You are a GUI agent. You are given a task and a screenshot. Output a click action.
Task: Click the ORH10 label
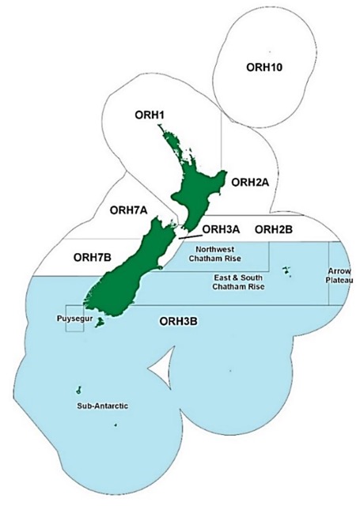[x=267, y=66]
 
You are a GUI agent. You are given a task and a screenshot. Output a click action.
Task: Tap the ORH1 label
[x=148, y=115]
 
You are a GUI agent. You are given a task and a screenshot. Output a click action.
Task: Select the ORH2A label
[x=250, y=182]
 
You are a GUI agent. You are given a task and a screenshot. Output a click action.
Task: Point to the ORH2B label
[x=275, y=230]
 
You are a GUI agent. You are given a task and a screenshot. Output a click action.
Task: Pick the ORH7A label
[x=129, y=210]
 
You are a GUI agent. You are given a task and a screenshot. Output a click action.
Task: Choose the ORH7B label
[x=93, y=257]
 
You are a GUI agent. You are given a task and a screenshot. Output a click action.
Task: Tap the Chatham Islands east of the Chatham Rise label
[x=287, y=273]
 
